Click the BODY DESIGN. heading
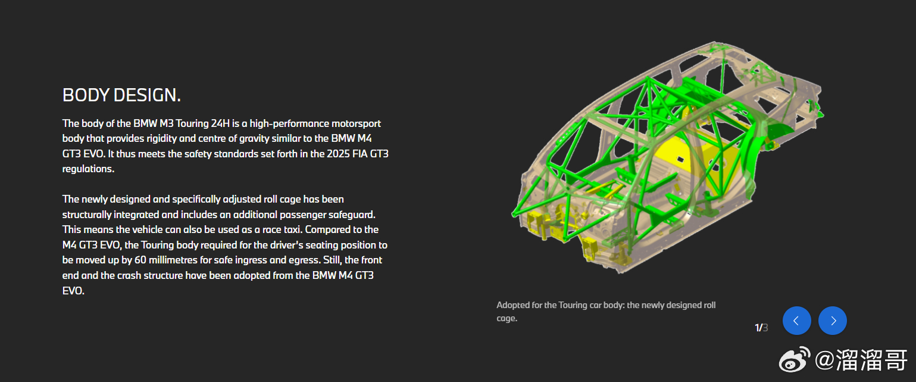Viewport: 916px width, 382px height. tap(121, 95)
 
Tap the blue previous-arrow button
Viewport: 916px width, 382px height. tap(796, 321)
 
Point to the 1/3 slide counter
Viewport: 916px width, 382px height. tap(761, 328)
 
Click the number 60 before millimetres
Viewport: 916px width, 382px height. tap(140, 260)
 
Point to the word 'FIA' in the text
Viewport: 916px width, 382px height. tap(360, 154)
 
